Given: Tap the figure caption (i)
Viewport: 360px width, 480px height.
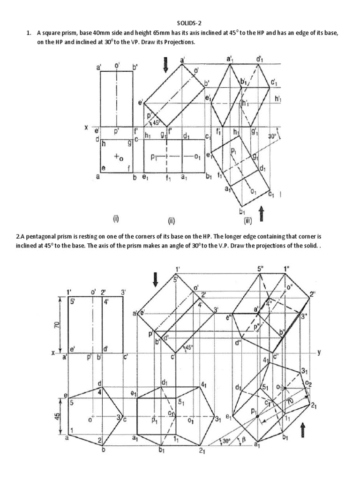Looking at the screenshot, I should coord(115,218).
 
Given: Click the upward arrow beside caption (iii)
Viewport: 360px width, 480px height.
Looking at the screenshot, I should coord(262,214).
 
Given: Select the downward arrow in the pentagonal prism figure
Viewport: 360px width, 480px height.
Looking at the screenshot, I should coord(156,280).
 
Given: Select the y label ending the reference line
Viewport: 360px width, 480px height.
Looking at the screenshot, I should coord(319,352).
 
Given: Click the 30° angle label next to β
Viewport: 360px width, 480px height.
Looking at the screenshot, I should coord(226,441).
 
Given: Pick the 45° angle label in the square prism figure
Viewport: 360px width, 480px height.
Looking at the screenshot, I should coord(157,123).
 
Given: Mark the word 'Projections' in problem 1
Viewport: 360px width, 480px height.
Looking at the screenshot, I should coord(178,42).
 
